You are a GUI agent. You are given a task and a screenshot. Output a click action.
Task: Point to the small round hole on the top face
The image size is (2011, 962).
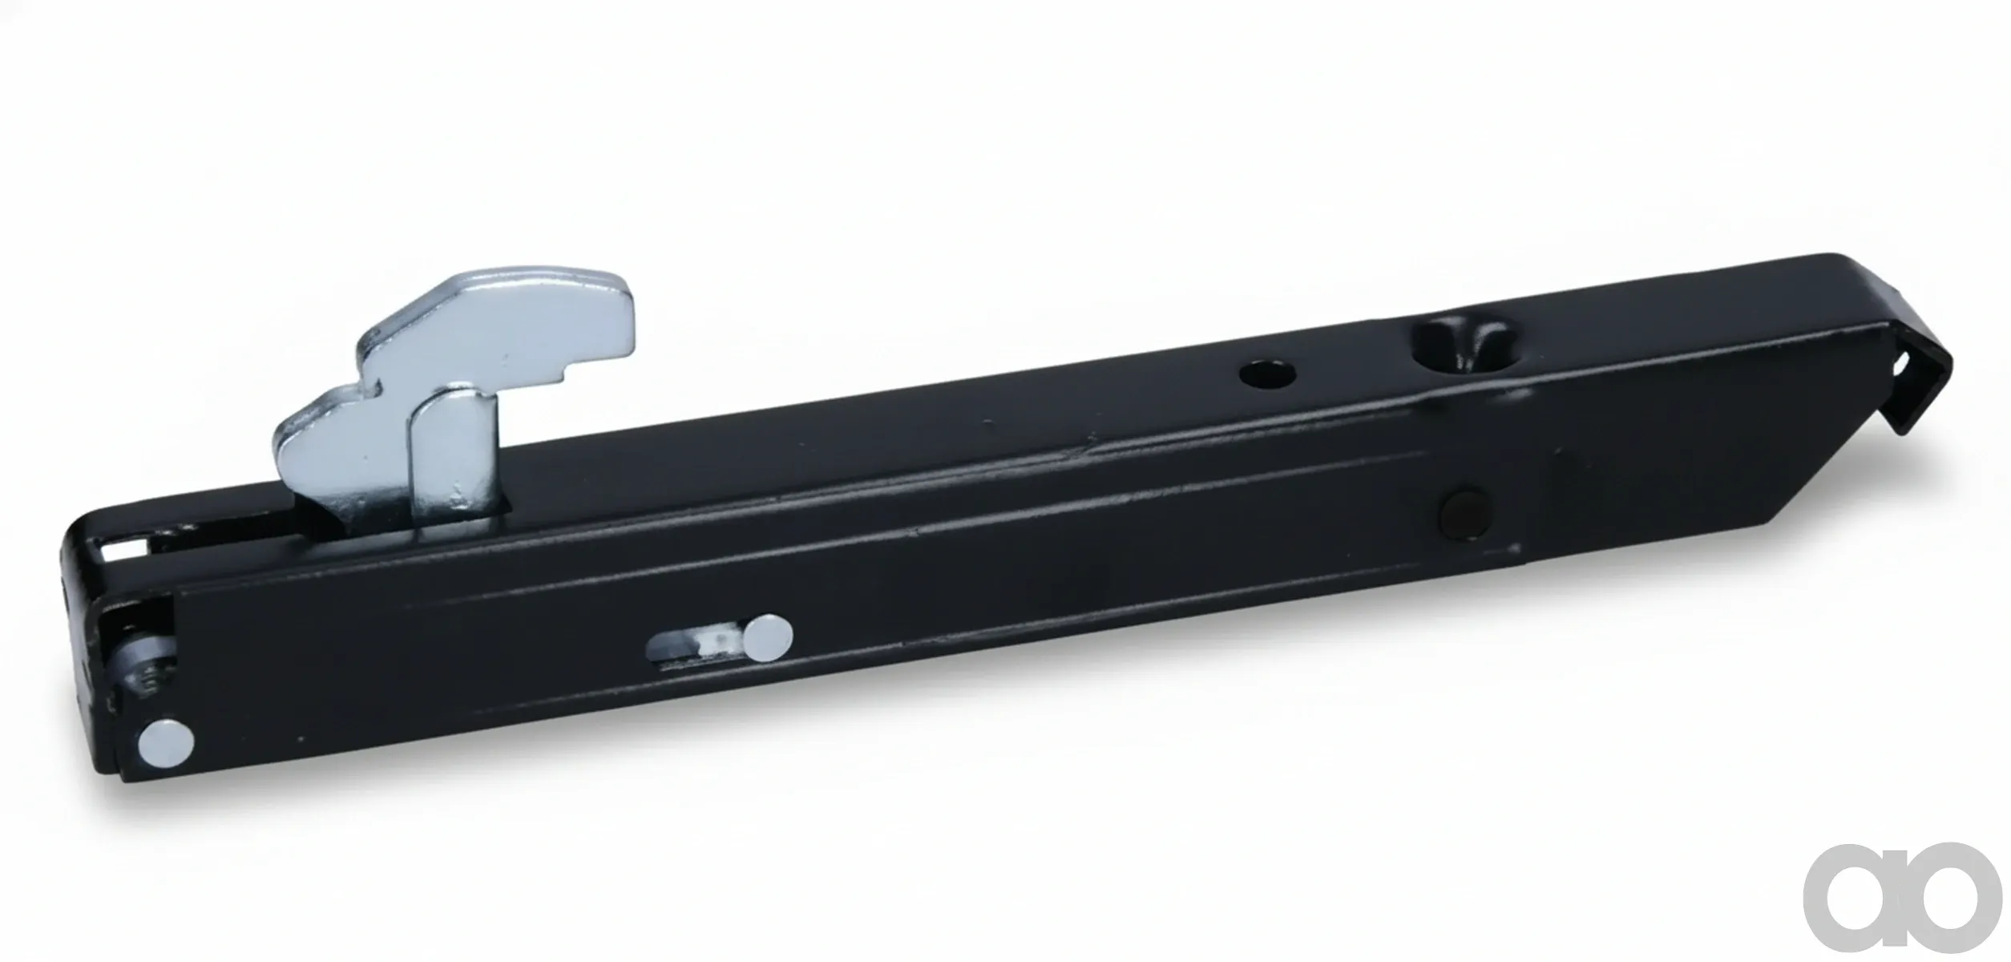tap(1269, 374)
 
